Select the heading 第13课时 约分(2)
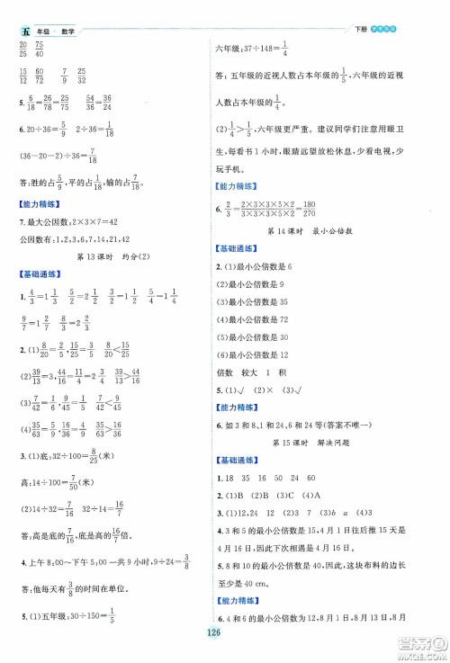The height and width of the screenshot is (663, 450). (114, 258)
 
